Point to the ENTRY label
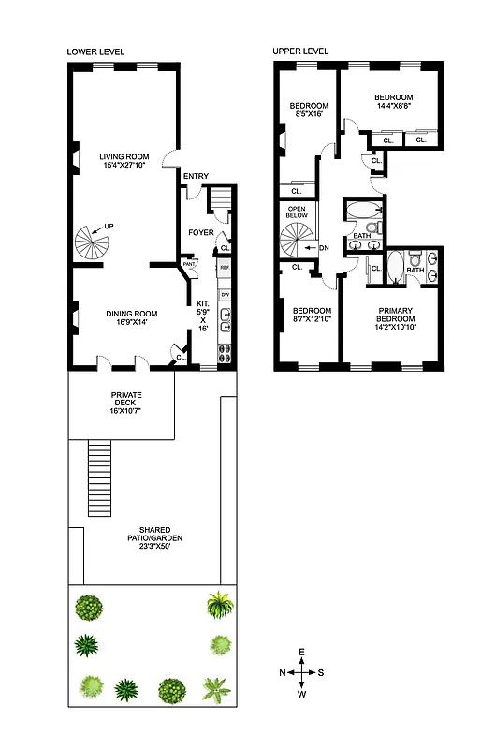click(197, 176)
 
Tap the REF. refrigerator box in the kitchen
click(225, 268)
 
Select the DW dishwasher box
click(225, 295)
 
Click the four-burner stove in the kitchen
click(225, 354)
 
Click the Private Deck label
click(126, 395)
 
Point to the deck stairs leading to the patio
click(100, 477)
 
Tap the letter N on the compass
click(283, 672)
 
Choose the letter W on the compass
click(302, 695)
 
